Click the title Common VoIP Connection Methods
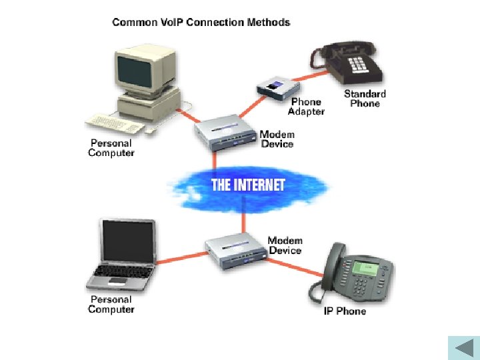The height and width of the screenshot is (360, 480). [201, 23]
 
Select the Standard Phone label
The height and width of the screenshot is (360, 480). [365, 99]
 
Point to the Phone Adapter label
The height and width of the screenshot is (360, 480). [306, 107]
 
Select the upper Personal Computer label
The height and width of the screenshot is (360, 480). [111, 148]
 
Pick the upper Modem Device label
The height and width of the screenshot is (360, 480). [277, 139]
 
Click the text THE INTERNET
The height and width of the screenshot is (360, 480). [248, 185]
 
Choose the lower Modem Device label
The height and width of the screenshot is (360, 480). [285, 245]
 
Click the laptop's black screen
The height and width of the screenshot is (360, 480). [128, 241]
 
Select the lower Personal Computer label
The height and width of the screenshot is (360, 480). [111, 305]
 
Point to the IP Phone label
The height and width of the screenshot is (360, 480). [345, 311]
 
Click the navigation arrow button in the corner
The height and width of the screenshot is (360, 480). [461, 347]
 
